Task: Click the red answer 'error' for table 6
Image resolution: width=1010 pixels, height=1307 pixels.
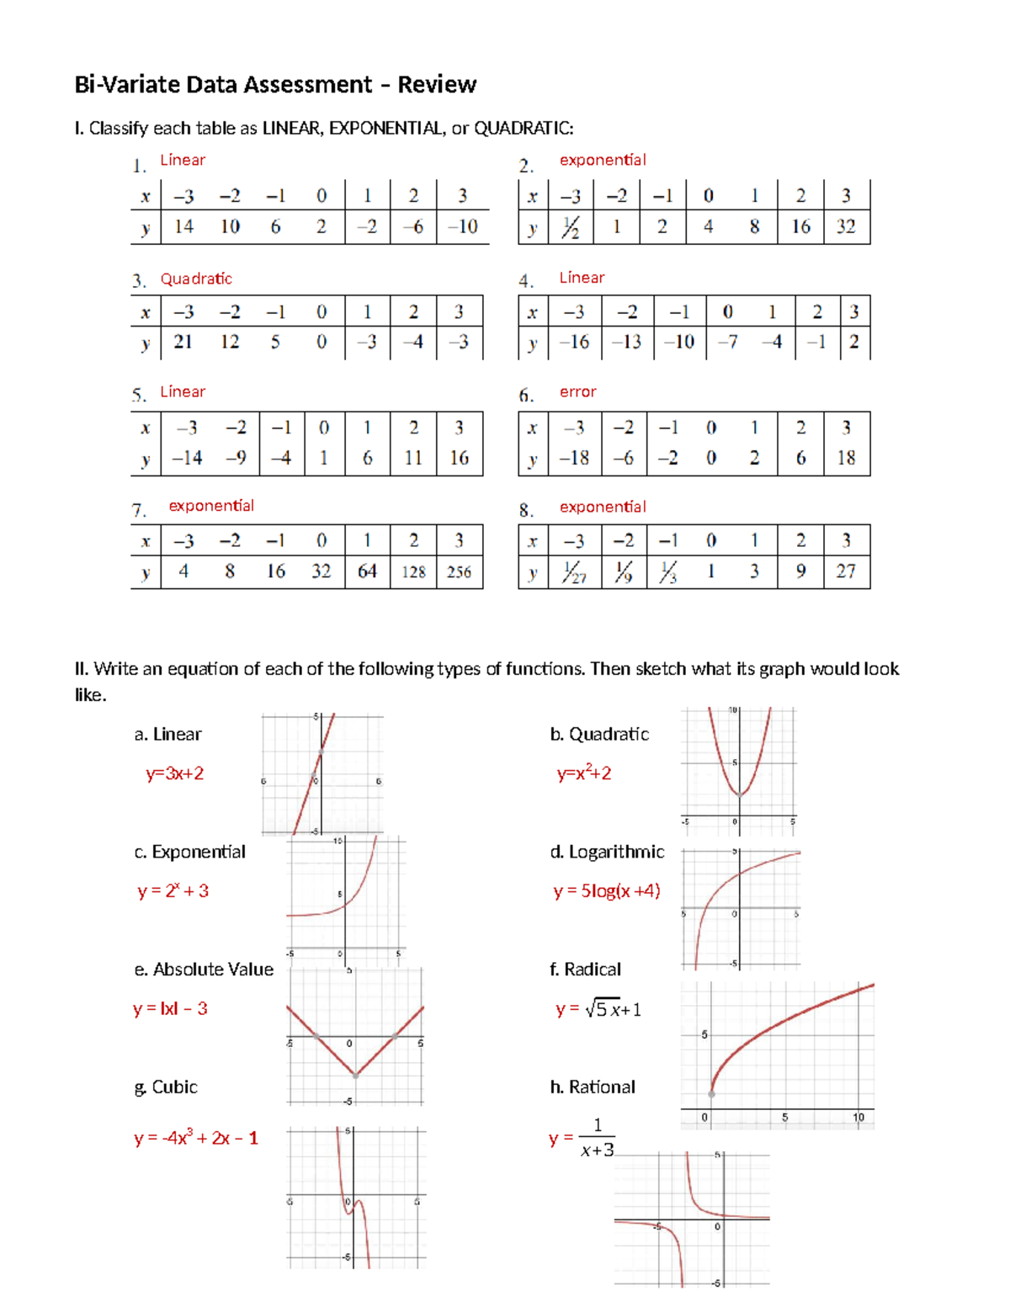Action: click(x=577, y=391)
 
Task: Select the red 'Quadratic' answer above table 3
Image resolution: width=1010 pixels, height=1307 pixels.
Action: click(x=196, y=279)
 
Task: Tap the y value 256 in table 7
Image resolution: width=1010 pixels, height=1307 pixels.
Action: click(x=459, y=572)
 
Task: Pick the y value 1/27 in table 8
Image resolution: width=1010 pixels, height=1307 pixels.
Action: click(x=573, y=573)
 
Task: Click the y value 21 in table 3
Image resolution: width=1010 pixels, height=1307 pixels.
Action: click(x=183, y=342)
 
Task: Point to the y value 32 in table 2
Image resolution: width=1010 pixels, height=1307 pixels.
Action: click(x=845, y=226)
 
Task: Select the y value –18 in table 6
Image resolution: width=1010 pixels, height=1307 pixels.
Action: click(x=574, y=458)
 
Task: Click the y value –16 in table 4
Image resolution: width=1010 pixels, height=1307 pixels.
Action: click(x=574, y=342)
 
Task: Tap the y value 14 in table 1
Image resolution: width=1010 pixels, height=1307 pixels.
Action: click(x=183, y=226)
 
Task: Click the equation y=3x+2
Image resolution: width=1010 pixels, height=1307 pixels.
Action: click(x=174, y=773)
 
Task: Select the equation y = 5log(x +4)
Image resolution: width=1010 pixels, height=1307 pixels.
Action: click(x=606, y=890)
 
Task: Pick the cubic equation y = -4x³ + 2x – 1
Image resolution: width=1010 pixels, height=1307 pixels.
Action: click(x=195, y=1138)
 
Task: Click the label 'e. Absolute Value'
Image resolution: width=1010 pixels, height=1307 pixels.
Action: click(x=204, y=970)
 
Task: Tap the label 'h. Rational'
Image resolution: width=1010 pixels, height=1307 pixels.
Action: click(x=593, y=1087)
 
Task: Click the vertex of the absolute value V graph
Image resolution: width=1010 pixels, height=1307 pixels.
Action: click(x=355, y=1075)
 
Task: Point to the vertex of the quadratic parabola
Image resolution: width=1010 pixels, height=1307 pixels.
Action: click(x=739, y=794)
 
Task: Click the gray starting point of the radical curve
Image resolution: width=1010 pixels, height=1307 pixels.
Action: click(x=711, y=1094)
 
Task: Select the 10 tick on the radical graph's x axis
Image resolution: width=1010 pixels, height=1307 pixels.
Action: click(x=858, y=1118)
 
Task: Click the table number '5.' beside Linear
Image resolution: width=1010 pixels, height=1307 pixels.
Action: click(x=139, y=395)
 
